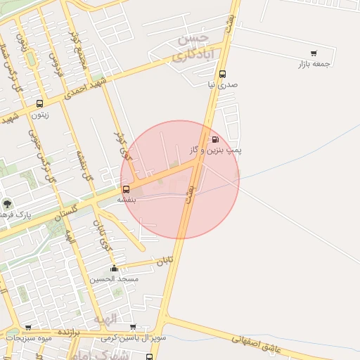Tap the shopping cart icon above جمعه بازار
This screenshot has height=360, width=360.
coord(313,53)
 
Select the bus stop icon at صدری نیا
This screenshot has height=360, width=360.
coord(222,74)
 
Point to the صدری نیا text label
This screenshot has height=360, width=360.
coord(222,84)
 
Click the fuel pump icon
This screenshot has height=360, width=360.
coord(214,139)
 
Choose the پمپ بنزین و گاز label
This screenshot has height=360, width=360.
coord(215,150)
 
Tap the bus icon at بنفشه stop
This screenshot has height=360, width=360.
coord(126,188)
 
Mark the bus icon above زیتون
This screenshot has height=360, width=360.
coord(39,103)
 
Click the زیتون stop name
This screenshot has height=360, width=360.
coord(39,114)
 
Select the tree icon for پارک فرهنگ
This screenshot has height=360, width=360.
coord(7,204)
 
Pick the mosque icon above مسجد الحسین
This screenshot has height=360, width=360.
coord(114,268)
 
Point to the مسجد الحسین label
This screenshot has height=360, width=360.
coord(114,278)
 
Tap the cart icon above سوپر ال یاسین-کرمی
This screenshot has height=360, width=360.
coord(133,328)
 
